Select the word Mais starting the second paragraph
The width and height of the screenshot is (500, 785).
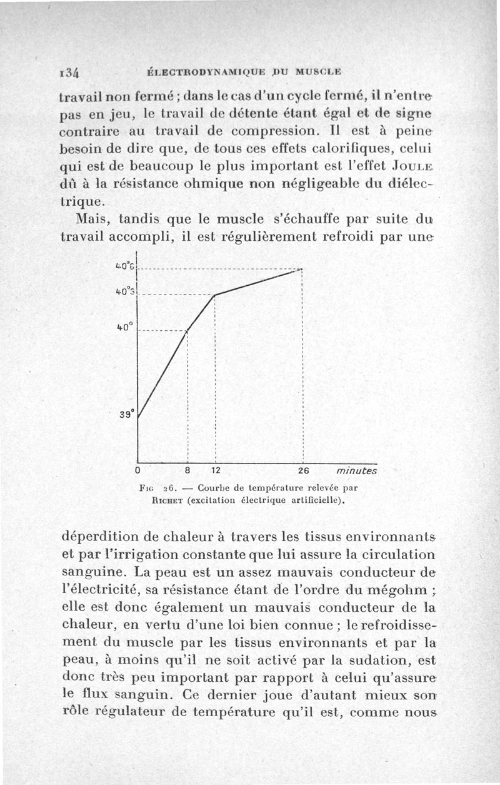pyautogui.click(x=94, y=220)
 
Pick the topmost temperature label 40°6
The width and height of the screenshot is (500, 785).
pyautogui.click(x=125, y=268)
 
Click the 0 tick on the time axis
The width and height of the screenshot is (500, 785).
pyautogui.click(x=137, y=470)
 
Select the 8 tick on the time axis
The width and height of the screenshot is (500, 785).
pyautogui.click(x=187, y=470)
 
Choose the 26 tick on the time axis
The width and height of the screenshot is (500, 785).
pyautogui.click(x=302, y=470)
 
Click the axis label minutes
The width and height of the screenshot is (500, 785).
pyautogui.click(x=357, y=470)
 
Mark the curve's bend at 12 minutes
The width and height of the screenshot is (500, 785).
pyautogui.click(x=214, y=295)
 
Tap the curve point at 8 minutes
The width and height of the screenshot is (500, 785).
pyautogui.click(x=187, y=332)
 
